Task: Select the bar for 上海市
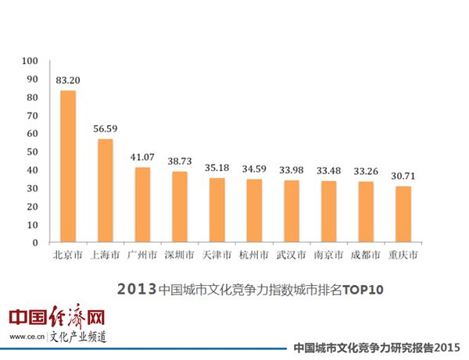105,191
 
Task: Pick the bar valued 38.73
179,207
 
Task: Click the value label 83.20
68,80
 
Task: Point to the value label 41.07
142,157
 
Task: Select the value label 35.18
217,167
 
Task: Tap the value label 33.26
365,171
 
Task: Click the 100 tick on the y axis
30,61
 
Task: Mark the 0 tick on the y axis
35,243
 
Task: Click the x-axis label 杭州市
254,255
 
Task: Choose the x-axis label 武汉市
291,255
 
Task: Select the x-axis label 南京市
328,255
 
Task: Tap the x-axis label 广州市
142,255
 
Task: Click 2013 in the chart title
136,289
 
